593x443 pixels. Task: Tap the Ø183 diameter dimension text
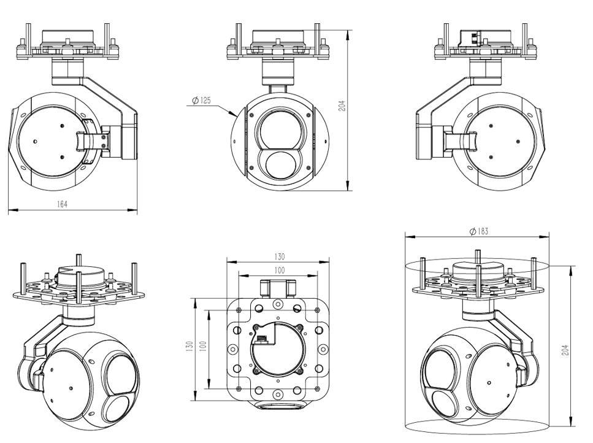coord(479,231)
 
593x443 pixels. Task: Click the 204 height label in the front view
coord(342,106)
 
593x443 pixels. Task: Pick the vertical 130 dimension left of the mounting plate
coord(189,347)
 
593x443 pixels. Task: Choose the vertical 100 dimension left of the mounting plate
coord(203,347)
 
